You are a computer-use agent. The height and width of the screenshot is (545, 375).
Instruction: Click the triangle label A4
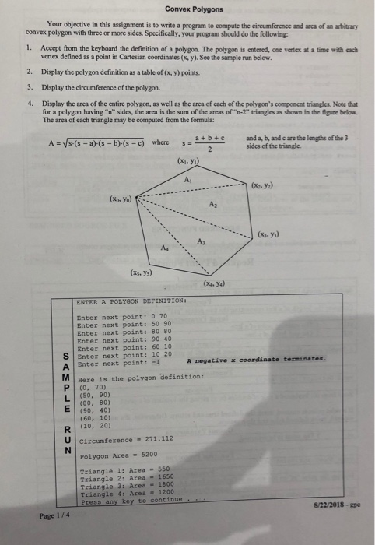click(163, 247)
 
